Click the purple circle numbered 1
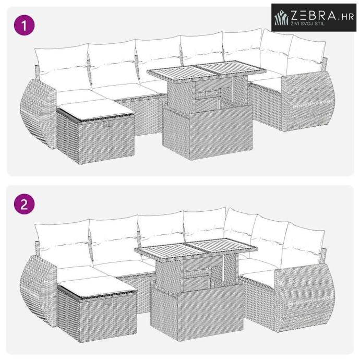click(24, 25)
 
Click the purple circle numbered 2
click(24, 204)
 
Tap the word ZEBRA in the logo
click(314, 16)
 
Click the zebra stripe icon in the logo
click(282, 17)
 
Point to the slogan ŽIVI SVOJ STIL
click(308, 23)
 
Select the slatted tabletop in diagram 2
click(196, 249)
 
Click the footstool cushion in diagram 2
click(97, 286)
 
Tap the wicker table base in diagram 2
click(197, 309)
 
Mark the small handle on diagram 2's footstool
click(107, 302)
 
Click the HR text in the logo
click(347, 17)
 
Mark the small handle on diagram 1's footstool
click(107, 124)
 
